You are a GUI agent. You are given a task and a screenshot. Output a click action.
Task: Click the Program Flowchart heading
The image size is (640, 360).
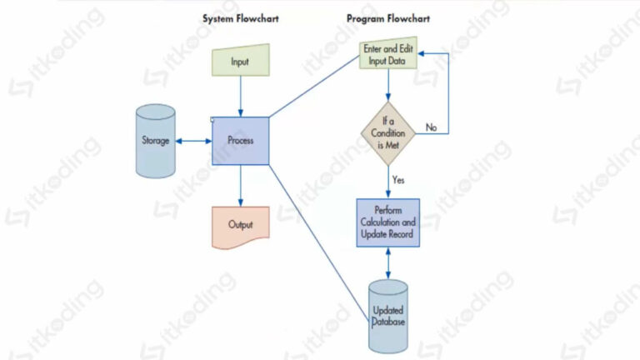pos(388,18)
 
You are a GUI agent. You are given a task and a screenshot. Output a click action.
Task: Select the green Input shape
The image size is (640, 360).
pos(240,62)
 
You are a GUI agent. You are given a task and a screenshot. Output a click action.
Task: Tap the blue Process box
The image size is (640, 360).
pos(240,140)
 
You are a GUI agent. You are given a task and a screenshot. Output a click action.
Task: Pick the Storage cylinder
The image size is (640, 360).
pos(156,141)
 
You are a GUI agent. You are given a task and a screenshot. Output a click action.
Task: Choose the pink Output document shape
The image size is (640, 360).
pos(240,226)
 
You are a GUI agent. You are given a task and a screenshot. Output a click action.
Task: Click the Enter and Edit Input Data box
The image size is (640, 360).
pos(387,55)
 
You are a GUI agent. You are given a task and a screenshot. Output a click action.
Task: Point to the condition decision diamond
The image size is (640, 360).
pos(387,132)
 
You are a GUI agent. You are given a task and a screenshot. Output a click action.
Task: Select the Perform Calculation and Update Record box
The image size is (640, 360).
pos(387,222)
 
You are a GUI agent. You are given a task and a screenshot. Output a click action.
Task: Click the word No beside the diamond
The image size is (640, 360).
pos(431,127)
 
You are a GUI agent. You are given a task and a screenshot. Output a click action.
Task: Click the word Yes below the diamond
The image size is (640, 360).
pos(398,179)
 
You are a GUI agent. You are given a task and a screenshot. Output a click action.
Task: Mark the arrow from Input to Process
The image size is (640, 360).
pos(240,96)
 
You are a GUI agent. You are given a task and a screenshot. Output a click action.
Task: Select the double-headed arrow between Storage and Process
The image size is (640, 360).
pos(194,140)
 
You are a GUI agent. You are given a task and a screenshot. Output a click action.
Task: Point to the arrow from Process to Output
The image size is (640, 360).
pos(240,185)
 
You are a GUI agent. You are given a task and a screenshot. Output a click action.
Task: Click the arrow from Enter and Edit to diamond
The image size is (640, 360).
pos(387,85)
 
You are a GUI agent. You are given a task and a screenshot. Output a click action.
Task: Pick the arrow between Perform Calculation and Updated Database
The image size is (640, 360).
pos(387,264)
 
